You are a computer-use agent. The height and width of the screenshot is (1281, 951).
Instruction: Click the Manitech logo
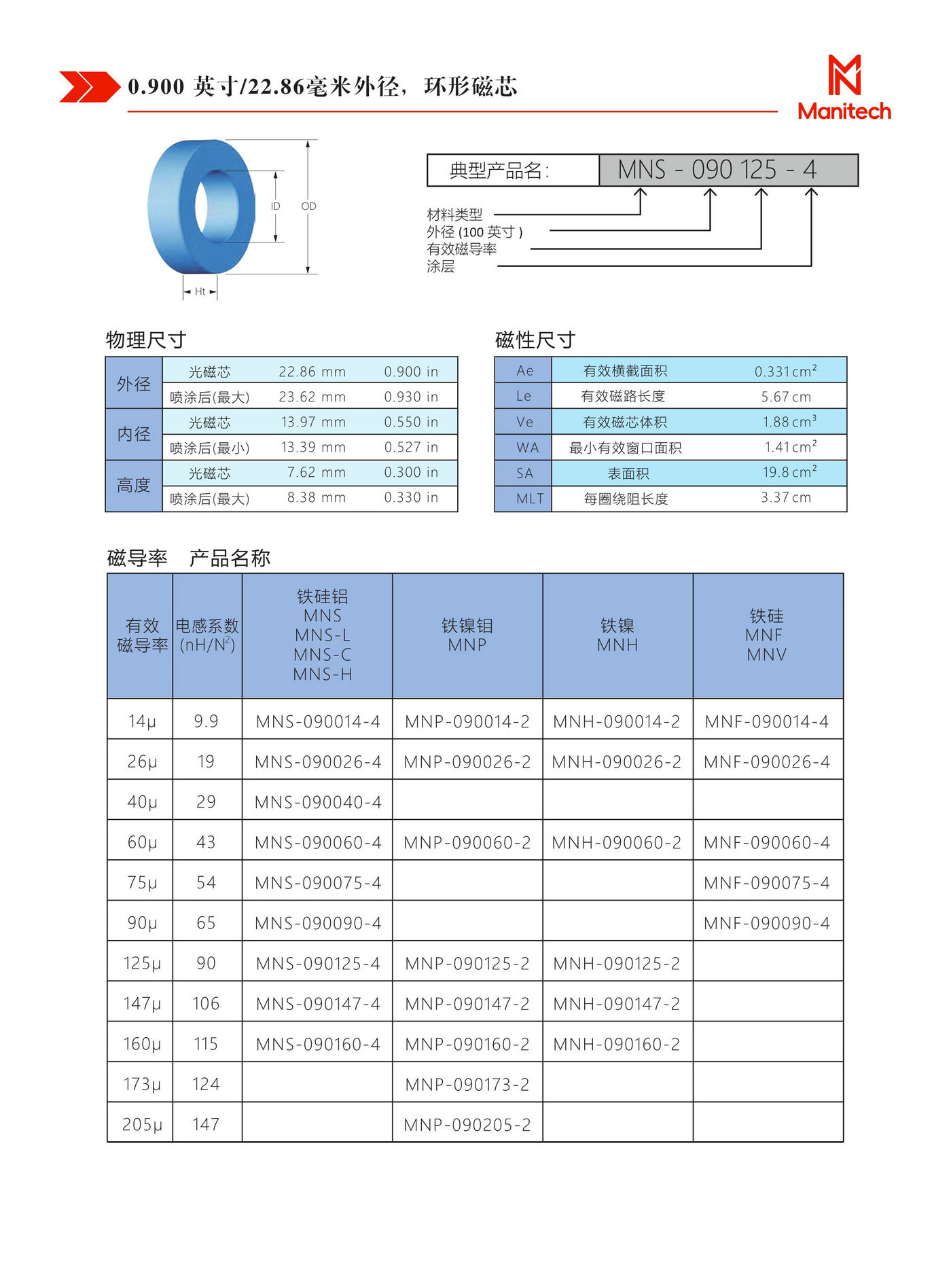844,88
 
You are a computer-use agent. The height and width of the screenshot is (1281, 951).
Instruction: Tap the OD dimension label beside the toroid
308,206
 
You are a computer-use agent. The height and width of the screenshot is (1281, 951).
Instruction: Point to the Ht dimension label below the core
200,291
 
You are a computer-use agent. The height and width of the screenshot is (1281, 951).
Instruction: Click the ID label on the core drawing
275,206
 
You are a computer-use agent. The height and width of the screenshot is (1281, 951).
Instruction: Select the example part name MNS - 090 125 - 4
728,170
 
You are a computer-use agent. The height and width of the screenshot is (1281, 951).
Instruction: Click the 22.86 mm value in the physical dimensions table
312,372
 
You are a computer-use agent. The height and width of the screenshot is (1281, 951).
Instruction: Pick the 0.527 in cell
411,448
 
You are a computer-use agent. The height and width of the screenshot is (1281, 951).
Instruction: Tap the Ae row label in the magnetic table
524,371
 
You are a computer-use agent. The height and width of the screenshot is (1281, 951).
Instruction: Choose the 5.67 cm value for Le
785,397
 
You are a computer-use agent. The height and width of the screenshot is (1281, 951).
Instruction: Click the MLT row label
529,499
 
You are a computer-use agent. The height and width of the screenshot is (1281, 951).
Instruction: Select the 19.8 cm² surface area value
789,473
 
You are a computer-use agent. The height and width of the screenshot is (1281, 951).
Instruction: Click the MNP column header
467,636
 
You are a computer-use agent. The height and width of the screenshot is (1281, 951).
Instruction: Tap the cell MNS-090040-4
318,802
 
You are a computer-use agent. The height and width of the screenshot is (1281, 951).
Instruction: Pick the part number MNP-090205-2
467,1125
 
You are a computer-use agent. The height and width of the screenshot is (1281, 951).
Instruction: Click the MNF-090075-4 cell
766,883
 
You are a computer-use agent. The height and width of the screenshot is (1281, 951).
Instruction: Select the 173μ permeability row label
141,1085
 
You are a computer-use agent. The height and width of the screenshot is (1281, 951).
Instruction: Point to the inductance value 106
206,1004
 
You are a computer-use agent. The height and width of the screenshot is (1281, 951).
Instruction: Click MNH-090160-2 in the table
616,1045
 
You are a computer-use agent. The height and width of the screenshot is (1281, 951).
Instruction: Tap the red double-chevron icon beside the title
89,87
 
